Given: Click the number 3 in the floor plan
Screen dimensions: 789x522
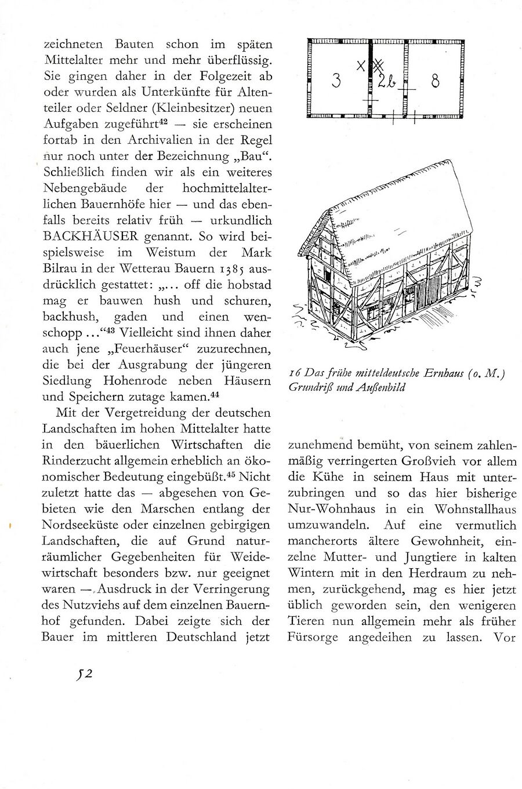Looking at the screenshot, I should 336,81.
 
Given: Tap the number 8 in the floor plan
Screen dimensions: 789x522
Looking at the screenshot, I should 435,81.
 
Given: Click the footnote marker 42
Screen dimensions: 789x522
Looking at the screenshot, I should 164,121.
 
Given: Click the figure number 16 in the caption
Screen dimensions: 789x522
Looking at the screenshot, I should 294,374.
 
